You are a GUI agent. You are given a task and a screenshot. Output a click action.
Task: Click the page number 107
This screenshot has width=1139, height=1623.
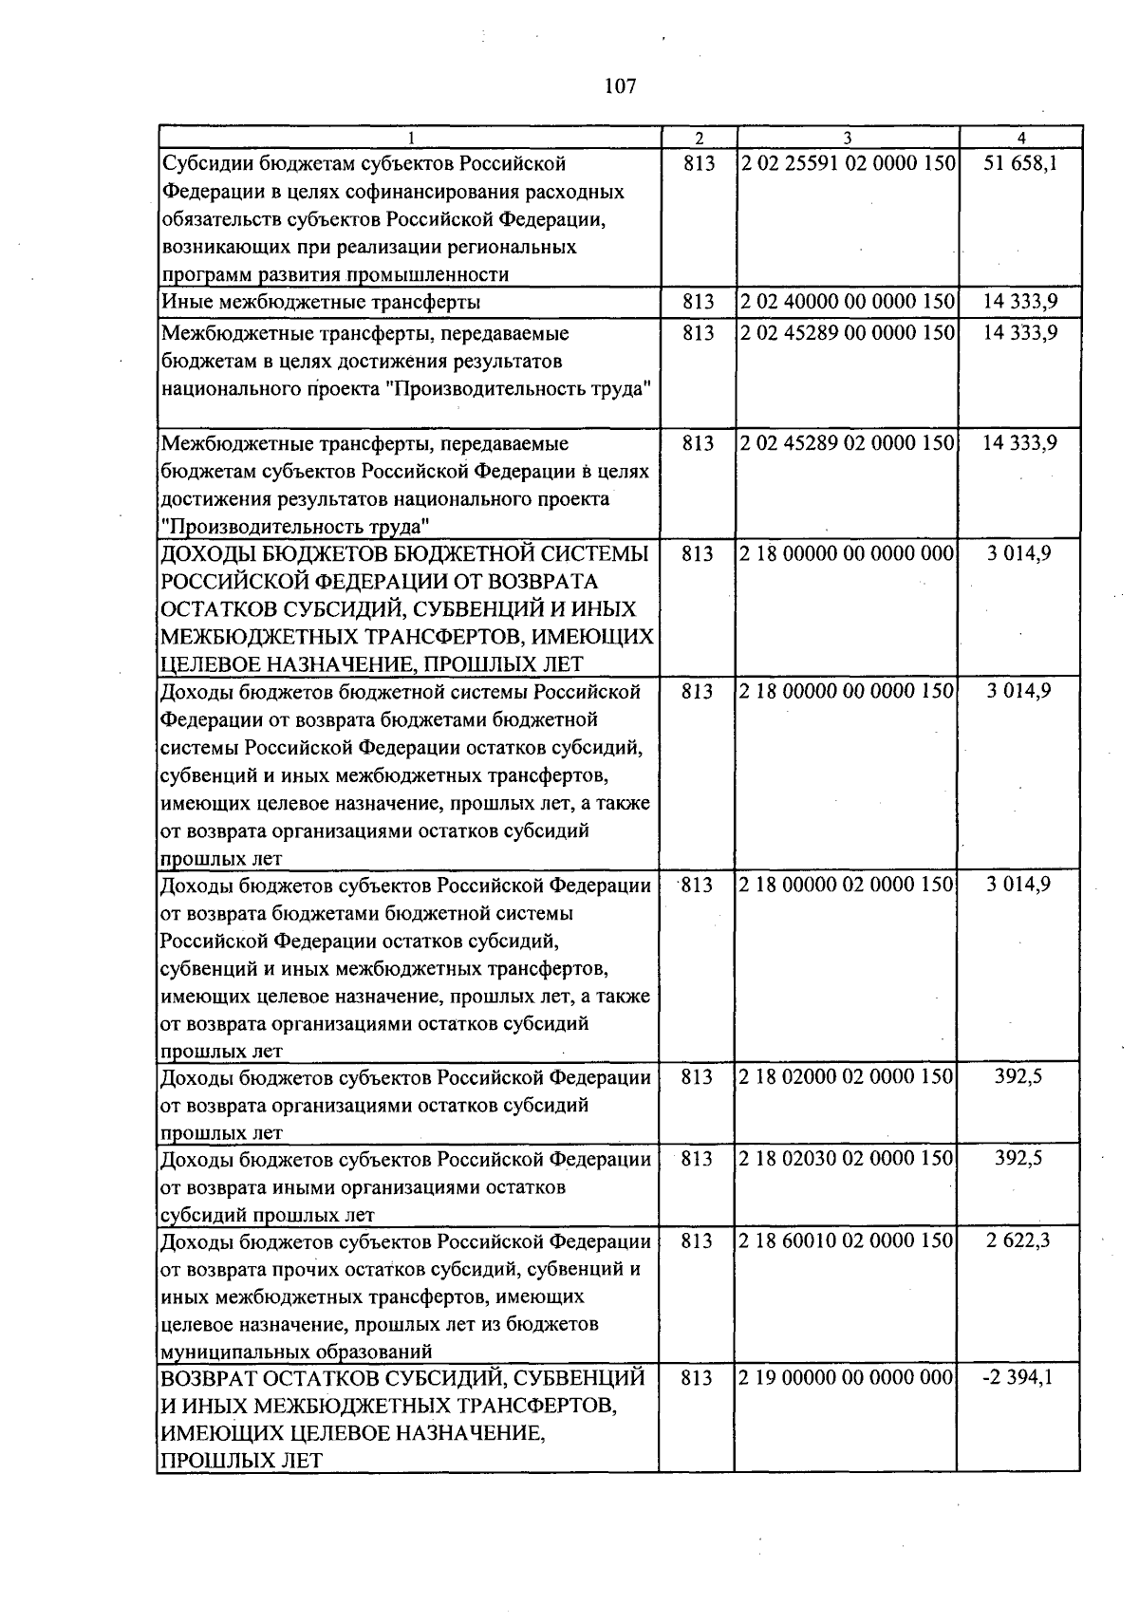[619, 87]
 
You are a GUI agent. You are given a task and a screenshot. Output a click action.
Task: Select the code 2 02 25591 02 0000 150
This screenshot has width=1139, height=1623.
[848, 163]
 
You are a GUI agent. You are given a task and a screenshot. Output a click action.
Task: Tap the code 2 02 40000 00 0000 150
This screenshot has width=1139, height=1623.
[848, 303]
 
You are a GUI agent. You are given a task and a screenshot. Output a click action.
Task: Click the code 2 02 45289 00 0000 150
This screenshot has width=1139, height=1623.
[848, 333]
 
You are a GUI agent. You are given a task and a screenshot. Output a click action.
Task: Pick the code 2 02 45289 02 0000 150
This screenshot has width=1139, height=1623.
[848, 443]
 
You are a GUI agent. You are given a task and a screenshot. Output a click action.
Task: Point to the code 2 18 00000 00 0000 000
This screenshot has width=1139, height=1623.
[848, 553]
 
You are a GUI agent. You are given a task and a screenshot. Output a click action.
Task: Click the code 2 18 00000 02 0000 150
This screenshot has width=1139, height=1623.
[848, 885]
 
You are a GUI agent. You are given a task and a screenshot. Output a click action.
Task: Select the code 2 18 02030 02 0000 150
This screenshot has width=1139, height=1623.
[848, 1159]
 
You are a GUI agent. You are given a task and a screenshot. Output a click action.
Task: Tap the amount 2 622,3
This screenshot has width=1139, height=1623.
[1018, 1241]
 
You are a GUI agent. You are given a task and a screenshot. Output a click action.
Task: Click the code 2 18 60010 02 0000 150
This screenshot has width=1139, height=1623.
[848, 1241]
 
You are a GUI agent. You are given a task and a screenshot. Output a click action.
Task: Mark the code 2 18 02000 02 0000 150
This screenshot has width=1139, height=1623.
[848, 1077]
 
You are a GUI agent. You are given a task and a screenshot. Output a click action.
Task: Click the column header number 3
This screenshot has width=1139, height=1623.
[846, 138]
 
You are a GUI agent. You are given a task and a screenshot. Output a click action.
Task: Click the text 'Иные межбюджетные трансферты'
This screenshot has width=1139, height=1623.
[321, 303]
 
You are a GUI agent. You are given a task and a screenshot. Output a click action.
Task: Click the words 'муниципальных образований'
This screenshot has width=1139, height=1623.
[297, 1352]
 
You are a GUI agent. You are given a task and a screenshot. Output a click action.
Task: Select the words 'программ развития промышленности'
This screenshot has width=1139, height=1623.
[335, 275]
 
